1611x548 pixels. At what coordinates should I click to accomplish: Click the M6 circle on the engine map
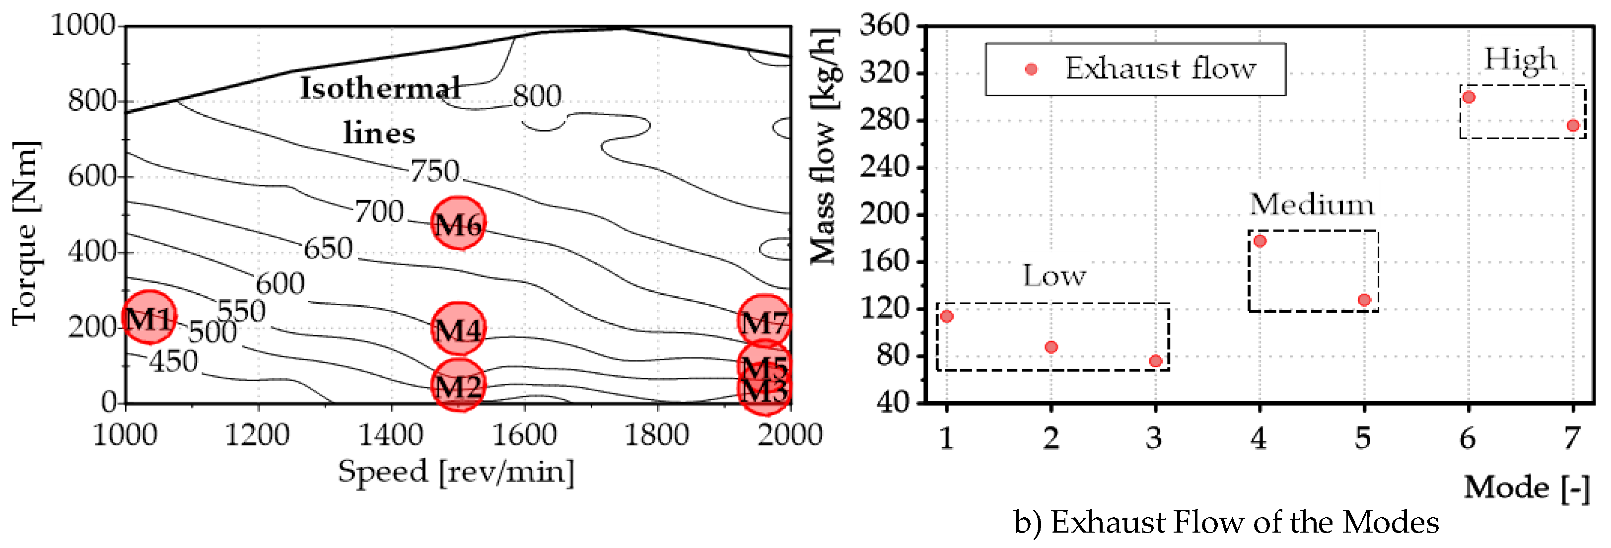tap(458, 223)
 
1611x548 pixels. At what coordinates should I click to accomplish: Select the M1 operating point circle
tap(149, 317)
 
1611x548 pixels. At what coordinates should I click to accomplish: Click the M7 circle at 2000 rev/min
tap(764, 321)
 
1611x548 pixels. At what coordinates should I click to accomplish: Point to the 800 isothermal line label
tap(537, 96)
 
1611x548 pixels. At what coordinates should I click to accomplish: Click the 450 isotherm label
tap(173, 361)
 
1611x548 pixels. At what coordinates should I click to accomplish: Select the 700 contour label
tap(379, 211)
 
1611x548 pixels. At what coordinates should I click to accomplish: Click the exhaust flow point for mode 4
tap(1260, 241)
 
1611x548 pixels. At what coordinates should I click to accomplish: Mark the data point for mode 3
tap(1155, 361)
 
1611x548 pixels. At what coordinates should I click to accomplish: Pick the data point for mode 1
tap(947, 317)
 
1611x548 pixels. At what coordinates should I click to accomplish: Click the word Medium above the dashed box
tap(1312, 205)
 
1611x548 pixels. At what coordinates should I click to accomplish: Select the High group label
tap(1520, 60)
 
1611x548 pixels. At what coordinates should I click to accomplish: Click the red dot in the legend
tap(1031, 69)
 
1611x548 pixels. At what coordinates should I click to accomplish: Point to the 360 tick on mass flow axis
tap(884, 26)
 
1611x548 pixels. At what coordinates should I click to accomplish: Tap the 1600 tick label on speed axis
tap(524, 434)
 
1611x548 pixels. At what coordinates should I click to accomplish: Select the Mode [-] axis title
tap(1526, 487)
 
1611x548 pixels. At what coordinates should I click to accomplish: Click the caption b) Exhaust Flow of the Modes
tap(1226, 522)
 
